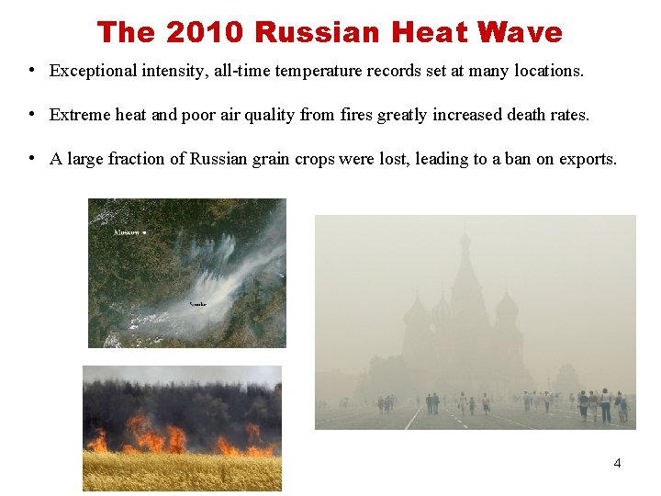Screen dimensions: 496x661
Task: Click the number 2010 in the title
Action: pyautogui.click(x=206, y=32)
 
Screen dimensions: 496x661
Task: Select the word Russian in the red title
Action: pyautogui.click(x=318, y=32)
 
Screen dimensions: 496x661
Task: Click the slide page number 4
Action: pyautogui.click(x=617, y=463)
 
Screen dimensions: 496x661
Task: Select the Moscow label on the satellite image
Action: pyautogui.click(x=129, y=233)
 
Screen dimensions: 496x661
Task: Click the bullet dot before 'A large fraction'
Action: pyautogui.click(x=32, y=158)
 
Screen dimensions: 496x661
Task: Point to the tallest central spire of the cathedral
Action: pyautogui.click(x=465, y=266)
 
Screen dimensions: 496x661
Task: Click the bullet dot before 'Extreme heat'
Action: pyautogui.click(x=32, y=114)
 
